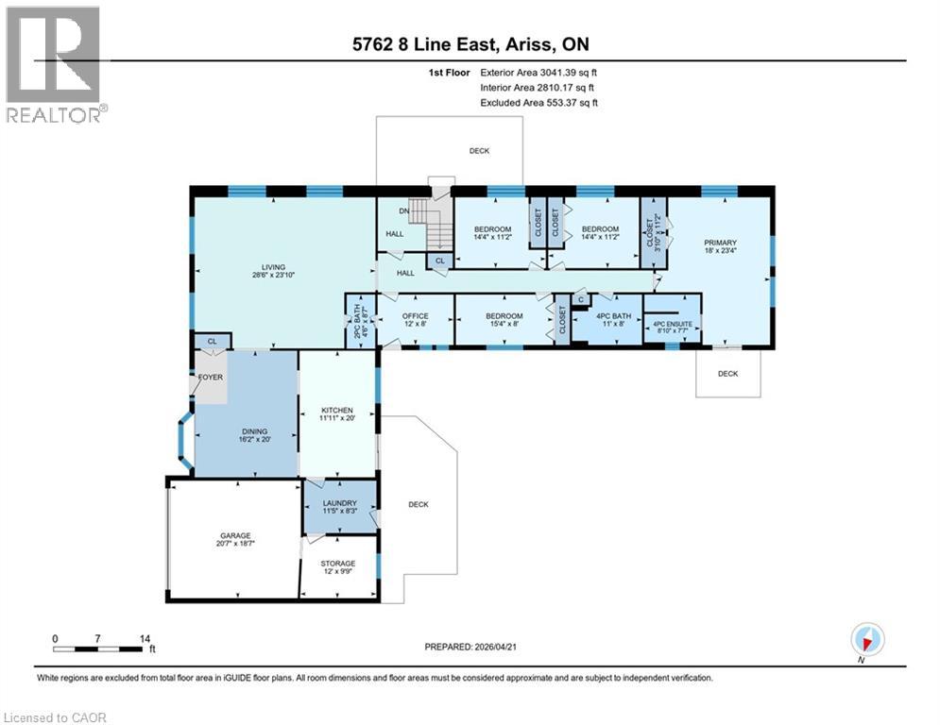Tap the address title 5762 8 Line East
pyautogui.click(x=469, y=44)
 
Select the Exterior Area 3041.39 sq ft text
pyautogui.click(x=538, y=71)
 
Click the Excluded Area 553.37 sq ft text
pyautogui.click(x=538, y=103)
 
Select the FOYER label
pyautogui.click(x=210, y=378)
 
